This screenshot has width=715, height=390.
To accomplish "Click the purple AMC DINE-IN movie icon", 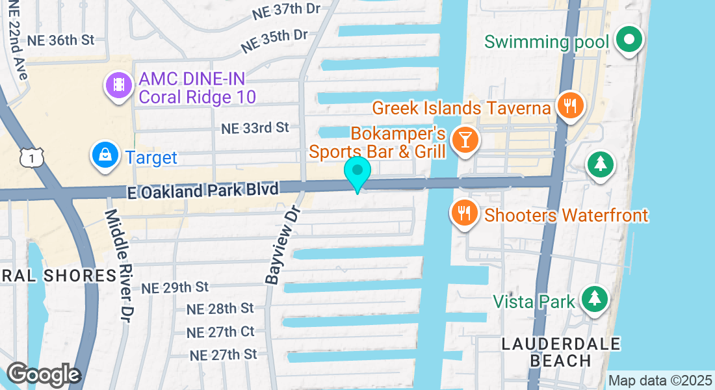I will point(118,85).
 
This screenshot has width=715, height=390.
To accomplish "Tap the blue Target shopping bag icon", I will point(104,155).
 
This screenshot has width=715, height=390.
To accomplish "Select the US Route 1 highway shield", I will point(31,157).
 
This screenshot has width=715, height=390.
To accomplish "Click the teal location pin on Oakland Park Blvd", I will point(357,172).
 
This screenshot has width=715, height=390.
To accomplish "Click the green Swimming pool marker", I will point(629,40).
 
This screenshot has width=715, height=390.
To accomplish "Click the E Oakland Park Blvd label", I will point(203,189).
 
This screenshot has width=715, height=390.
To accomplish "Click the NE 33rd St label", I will point(255,127).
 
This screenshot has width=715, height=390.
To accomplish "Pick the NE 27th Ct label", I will point(220,331).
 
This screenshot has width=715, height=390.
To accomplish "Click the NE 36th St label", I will point(61,40).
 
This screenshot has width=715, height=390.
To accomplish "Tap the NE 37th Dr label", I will point(287,9).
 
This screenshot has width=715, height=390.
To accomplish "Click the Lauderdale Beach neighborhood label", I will point(561,351).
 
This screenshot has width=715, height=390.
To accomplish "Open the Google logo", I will point(43,375).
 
